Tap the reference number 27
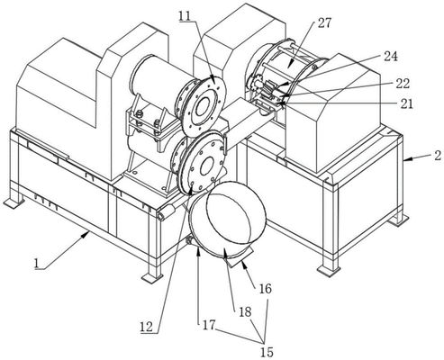[324, 22]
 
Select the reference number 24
[391, 57]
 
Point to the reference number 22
[403, 84]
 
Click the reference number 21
[406, 103]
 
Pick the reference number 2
[438, 156]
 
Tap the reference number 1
[37, 264]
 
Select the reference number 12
[147, 327]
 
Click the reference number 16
[265, 289]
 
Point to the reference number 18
[245, 312]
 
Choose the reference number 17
[209, 325]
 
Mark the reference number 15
[267, 352]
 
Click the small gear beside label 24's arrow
[256, 83]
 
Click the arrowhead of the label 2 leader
[405, 161]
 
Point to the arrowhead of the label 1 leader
[87, 233]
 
